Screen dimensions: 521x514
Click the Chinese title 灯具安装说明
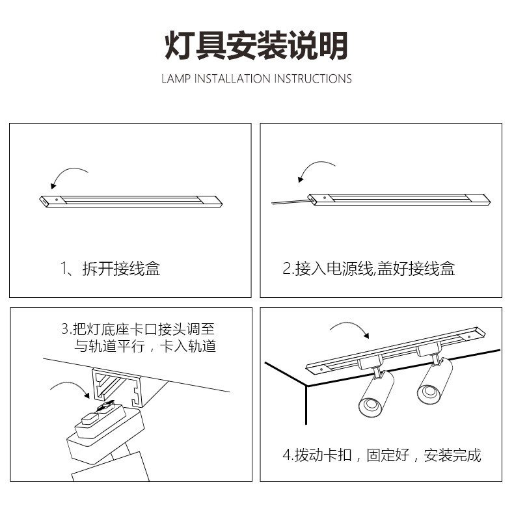click(256, 46)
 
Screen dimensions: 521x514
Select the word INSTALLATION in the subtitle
click(232, 79)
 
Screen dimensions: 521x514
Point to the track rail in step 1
click(130, 202)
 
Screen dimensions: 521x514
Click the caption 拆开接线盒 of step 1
click(121, 268)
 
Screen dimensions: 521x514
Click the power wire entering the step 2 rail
click(290, 203)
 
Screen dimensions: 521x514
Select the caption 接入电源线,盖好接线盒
click(368, 268)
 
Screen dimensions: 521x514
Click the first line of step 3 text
click(146, 329)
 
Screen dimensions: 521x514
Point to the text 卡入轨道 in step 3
click(191, 346)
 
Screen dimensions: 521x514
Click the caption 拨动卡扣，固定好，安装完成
click(382, 455)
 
